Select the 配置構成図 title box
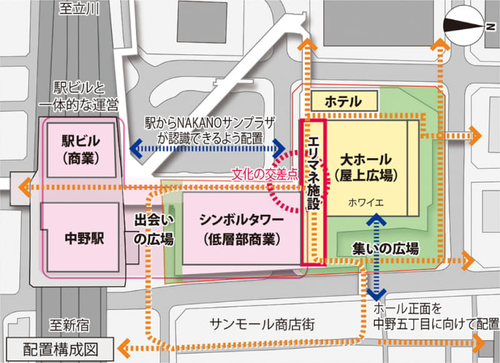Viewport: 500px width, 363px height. (59, 348)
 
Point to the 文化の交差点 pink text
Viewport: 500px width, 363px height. (264, 173)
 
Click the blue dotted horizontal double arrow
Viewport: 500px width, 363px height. (207, 150)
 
